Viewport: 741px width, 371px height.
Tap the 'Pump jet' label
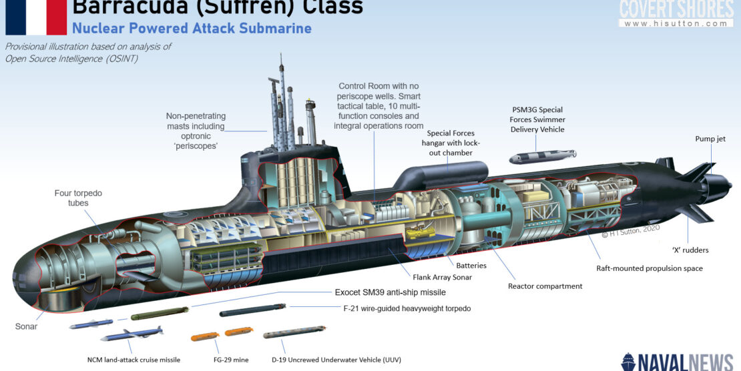(x=710, y=139)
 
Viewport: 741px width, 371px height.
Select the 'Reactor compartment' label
(x=545, y=286)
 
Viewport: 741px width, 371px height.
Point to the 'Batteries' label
(x=471, y=265)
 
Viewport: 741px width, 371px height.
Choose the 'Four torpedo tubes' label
(x=78, y=198)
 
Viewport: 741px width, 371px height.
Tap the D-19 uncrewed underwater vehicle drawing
(x=294, y=334)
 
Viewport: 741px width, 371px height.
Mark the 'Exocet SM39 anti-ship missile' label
(x=391, y=292)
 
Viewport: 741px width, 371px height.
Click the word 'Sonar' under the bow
(x=26, y=326)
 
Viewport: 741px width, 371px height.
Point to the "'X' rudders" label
(x=690, y=250)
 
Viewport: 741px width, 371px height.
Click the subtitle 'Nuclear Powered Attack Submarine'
(x=192, y=29)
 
